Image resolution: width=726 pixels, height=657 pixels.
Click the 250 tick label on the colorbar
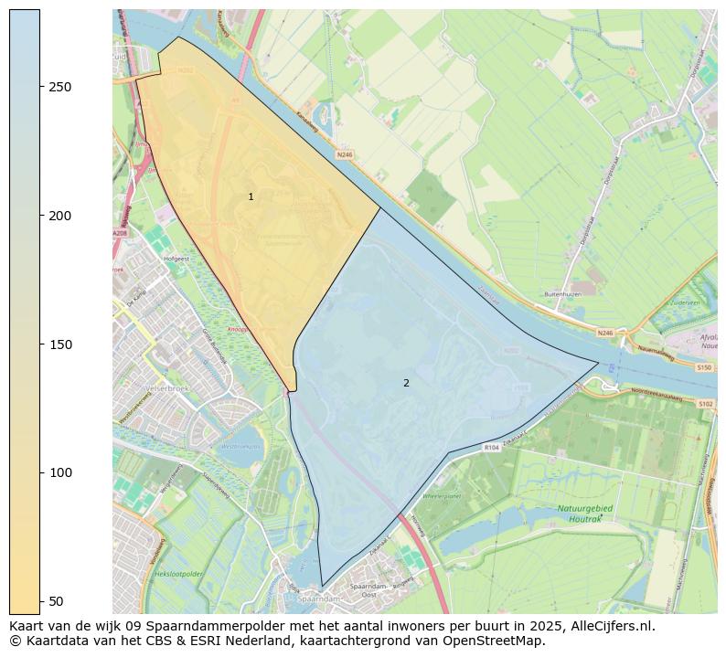pyautogui.click(x=59, y=87)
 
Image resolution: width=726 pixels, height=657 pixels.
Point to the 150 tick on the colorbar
pyautogui.click(x=59, y=344)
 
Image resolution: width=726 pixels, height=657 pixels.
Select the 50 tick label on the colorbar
pyautogui.click(x=56, y=600)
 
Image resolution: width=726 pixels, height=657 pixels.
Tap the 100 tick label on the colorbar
pyautogui.click(x=59, y=472)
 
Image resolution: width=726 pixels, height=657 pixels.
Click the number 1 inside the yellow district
pyautogui.click(x=251, y=197)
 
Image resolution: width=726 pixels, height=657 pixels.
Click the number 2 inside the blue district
pyautogui.click(x=406, y=383)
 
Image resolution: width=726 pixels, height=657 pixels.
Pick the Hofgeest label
pyautogui.click(x=176, y=259)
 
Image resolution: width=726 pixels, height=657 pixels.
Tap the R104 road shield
pyautogui.click(x=492, y=448)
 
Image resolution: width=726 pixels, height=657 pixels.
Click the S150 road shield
pyautogui.click(x=703, y=366)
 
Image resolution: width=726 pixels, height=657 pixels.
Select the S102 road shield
pyautogui.click(x=705, y=403)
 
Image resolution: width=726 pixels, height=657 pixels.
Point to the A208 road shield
pyautogui.click(x=120, y=234)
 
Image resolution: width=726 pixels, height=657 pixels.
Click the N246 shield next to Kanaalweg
pyautogui.click(x=344, y=154)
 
